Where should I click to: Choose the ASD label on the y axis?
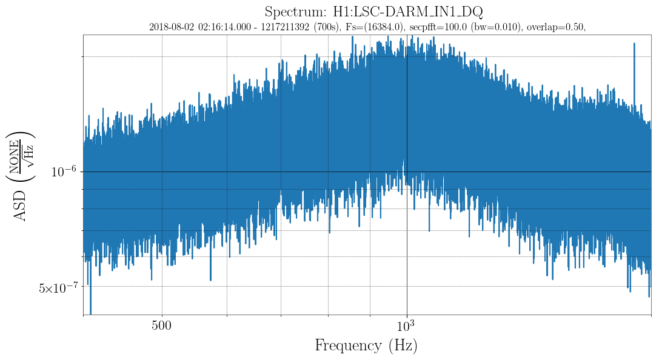tap(21, 206)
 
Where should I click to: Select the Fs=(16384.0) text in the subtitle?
tap(373, 27)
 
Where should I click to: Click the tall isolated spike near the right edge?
tap(634, 45)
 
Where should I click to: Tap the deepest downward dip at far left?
tap(91, 310)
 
